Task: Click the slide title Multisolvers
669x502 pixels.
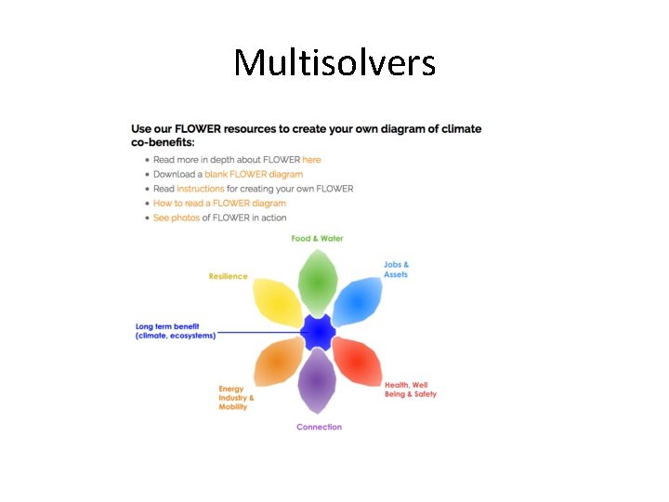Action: (334, 63)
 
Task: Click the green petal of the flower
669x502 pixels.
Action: (318, 282)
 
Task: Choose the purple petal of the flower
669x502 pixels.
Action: (318, 381)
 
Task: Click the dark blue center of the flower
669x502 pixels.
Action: (318, 332)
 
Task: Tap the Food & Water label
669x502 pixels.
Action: (317, 239)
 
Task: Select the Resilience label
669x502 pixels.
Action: (228, 276)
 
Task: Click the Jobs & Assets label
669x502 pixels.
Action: (396, 270)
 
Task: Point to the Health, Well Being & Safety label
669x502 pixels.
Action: (410, 390)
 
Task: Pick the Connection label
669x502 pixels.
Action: (319, 428)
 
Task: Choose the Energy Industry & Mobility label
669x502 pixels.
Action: (236, 398)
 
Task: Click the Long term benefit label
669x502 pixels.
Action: (176, 331)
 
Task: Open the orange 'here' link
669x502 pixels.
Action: (311, 160)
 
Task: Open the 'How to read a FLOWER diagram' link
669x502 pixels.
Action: (219, 203)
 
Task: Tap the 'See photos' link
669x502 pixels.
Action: (177, 218)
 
